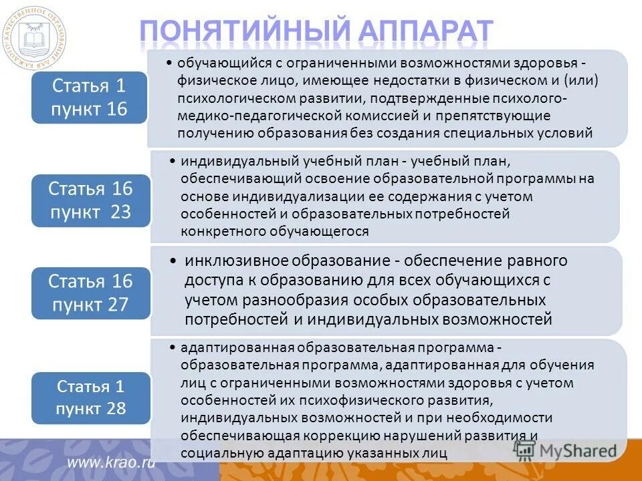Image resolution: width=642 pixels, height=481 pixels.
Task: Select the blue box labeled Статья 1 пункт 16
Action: (88, 97)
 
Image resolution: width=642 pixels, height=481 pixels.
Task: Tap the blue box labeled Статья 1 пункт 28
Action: (90, 397)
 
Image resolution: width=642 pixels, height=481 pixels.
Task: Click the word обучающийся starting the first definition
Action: (217, 63)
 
